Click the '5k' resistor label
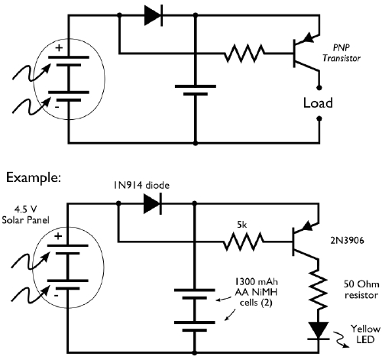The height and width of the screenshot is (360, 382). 243,226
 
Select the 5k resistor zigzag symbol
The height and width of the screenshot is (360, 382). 244,243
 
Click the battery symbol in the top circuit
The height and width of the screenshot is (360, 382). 196,90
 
